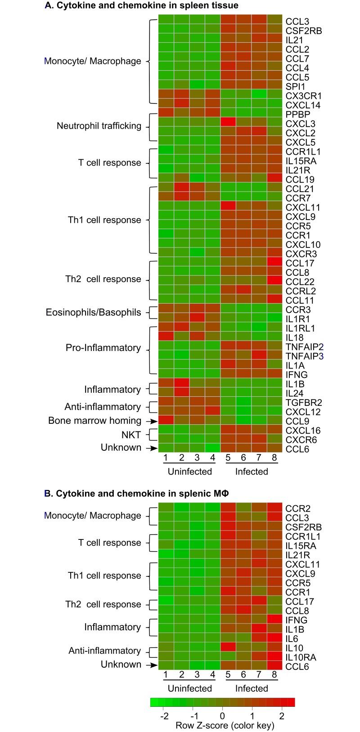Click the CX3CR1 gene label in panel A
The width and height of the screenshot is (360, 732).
click(x=303, y=96)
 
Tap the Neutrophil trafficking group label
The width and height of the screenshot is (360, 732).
click(x=99, y=126)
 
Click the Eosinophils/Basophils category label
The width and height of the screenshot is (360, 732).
click(x=93, y=312)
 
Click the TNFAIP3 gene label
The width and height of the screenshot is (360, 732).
click(x=305, y=356)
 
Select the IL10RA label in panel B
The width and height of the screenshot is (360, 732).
click(x=301, y=657)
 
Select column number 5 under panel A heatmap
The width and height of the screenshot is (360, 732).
click(x=228, y=458)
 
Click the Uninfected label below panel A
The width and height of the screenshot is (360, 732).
click(x=189, y=472)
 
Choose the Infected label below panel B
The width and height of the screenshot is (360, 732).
click(x=252, y=688)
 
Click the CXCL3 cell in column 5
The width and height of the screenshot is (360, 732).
click(x=228, y=123)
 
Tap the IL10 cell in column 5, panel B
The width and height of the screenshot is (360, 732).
click(x=228, y=647)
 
